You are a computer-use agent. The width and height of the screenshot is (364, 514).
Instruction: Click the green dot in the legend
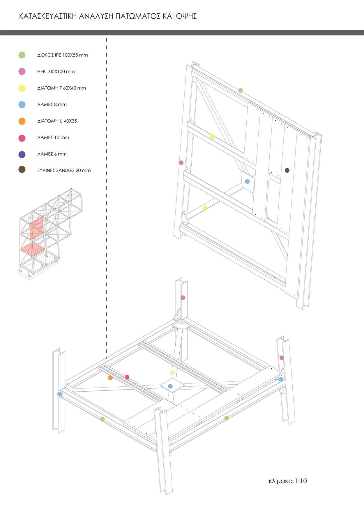(x=22, y=55)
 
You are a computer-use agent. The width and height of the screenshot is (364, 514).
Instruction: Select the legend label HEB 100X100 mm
(x=56, y=72)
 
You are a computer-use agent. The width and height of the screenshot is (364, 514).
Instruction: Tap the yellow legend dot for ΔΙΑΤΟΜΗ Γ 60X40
(x=22, y=88)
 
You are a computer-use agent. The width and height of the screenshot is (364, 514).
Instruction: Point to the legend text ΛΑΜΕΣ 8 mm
(x=52, y=105)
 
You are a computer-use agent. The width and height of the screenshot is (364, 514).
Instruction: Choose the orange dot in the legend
(x=22, y=121)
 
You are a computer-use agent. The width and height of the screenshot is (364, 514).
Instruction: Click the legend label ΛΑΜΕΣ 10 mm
(x=53, y=138)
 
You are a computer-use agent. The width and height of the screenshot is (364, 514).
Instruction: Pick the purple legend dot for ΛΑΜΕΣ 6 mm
(x=22, y=154)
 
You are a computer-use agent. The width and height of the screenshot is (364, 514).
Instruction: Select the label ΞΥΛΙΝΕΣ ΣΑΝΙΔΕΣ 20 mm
(x=64, y=171)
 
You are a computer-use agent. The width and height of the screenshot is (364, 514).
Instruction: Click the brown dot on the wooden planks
(x=287, y=170)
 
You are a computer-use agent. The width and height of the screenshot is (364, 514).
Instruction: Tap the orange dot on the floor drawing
(x=110, y=378)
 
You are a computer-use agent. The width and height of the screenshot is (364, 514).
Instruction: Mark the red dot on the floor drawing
(x=127, y=377)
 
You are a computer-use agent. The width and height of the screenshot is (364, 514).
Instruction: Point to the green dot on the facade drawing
(x=241, y=90)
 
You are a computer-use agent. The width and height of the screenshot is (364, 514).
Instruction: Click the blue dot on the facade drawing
(x=247, y=181)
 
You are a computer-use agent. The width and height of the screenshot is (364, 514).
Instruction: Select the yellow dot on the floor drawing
(x=173, y=372)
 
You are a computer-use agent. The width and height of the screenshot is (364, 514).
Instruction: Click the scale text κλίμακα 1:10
(x=288, y=481)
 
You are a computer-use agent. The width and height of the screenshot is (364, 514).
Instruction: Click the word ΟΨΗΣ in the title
(x=186, y=16)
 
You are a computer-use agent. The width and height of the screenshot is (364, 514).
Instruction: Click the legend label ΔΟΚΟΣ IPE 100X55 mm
(x=62, y=55)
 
